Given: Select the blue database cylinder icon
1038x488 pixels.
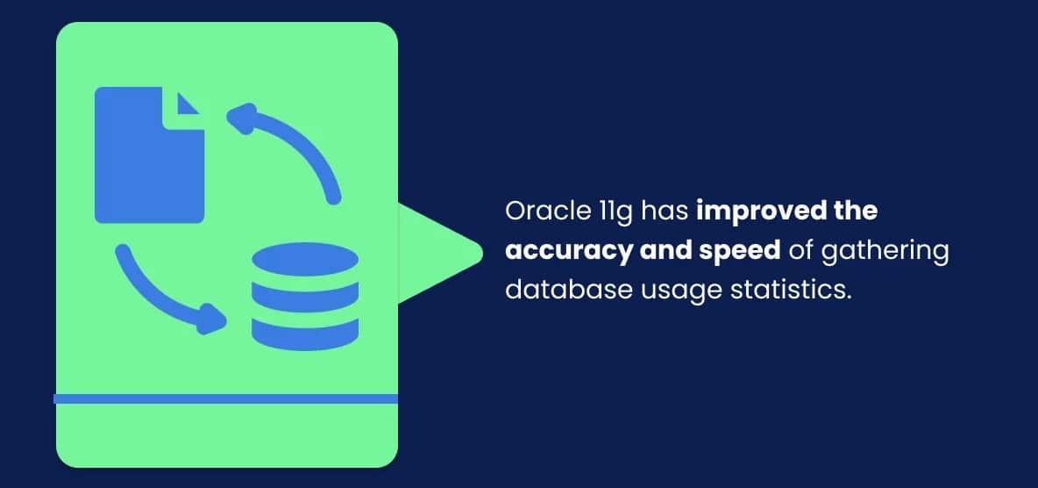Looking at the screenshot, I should click(305, 298).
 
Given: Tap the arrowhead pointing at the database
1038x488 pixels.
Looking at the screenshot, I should click(211, 319).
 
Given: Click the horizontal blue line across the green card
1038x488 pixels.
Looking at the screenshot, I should click(226, 398).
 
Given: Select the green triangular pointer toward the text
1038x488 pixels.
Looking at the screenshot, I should click(438, 253).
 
